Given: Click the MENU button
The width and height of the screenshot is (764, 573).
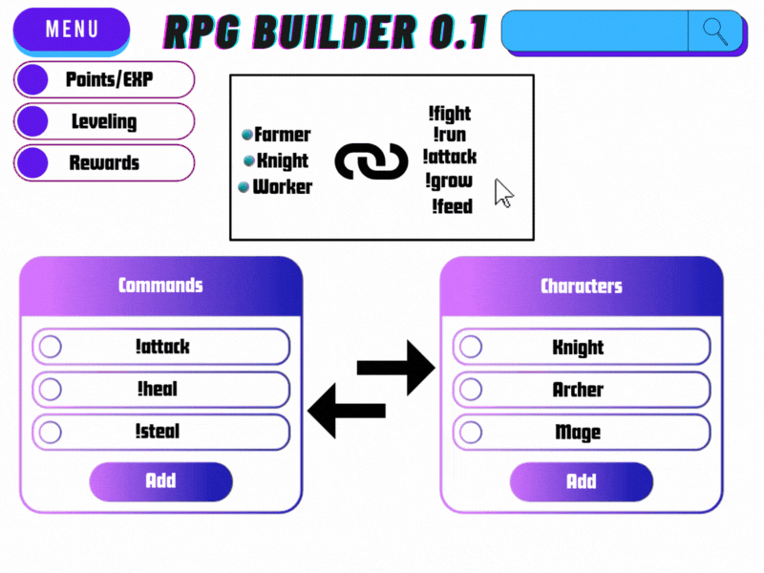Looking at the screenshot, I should coord(72,29).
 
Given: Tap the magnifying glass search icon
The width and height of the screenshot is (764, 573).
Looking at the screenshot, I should coord(715,31).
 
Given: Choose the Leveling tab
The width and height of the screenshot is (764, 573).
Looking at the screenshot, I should coord(104,122).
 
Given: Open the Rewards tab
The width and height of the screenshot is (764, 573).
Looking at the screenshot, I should coord(104,163).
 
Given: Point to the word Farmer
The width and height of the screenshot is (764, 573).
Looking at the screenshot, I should coord(282,135).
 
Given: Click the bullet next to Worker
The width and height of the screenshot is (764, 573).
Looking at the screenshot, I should coord(244,187).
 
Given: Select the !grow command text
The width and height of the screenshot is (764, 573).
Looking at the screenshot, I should coord(449,180).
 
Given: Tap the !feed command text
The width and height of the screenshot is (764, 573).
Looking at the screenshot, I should coord(452,205).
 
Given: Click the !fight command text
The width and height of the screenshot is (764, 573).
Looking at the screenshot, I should coord(450,114).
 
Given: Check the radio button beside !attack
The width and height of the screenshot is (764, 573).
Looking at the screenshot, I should coord(50,347).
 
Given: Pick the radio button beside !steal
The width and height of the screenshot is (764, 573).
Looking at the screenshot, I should coord(50,432).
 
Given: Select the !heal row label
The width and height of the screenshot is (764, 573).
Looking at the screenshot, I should coord(157,390).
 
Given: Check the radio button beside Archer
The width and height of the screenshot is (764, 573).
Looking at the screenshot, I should coord(470,390).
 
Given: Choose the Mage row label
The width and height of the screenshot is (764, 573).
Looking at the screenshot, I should coord(578,432).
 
